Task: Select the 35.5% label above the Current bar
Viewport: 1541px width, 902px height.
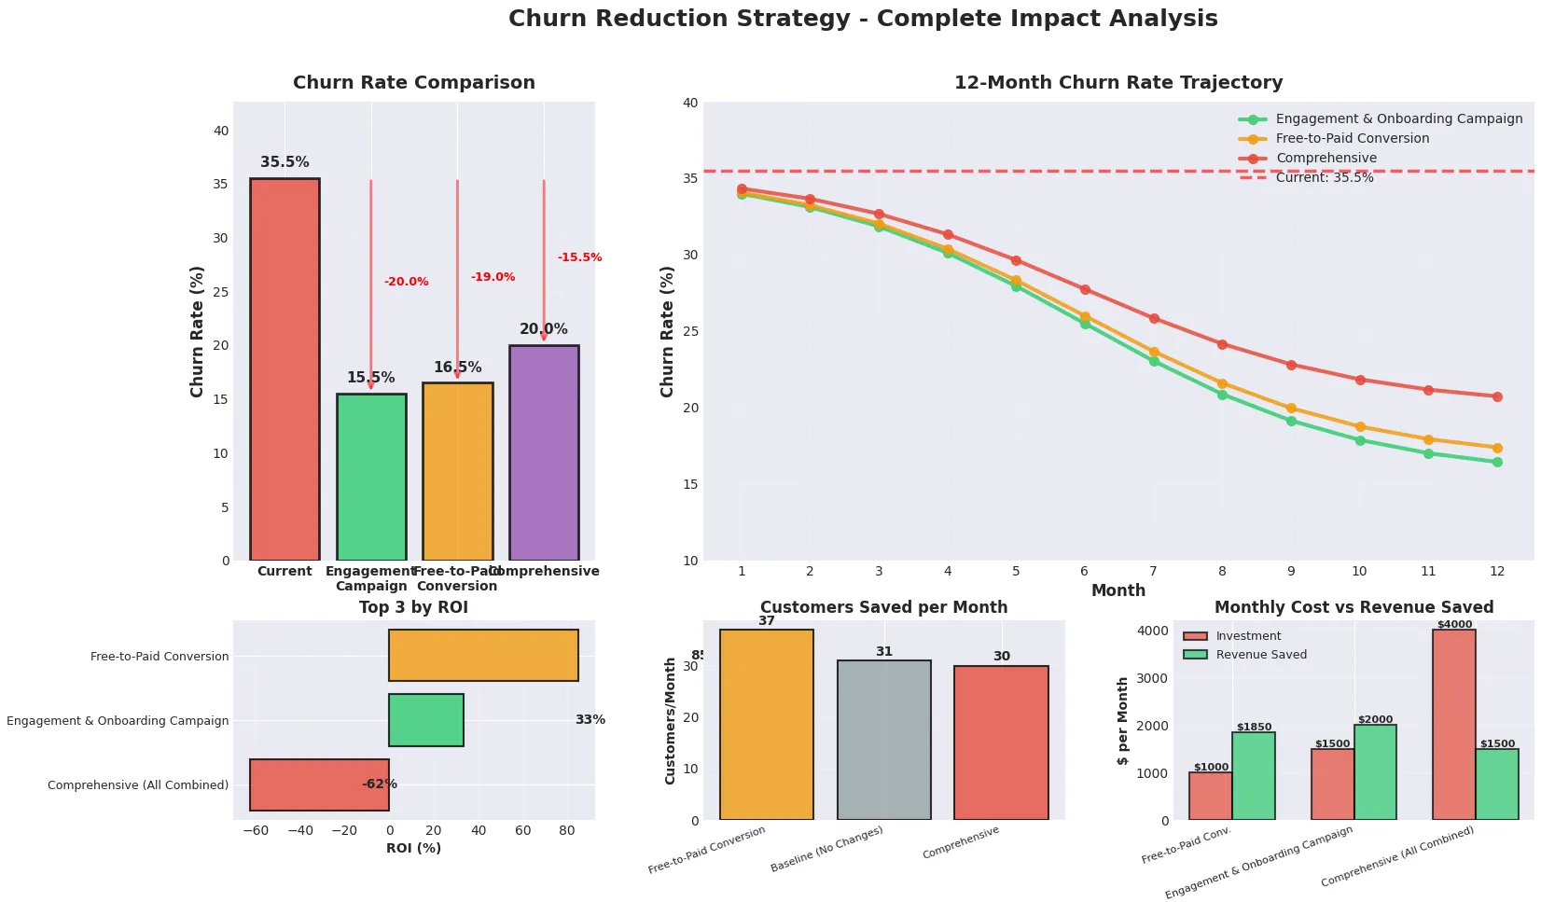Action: tap(285, 162)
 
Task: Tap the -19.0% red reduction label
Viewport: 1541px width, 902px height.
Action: tap(493, 277)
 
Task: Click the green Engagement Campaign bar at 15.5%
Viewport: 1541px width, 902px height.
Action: tap(371, 477)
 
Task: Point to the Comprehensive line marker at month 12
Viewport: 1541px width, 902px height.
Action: tap(1497, 396)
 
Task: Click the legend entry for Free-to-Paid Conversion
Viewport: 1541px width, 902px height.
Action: tap(1352, 138)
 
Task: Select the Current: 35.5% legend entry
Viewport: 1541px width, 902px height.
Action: tap(1324, 177)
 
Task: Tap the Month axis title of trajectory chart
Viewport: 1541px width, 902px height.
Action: tap(1118, 590)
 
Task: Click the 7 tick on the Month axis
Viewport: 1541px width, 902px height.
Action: tap(1153, 571)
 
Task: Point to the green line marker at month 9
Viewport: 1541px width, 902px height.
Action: tap(1291, 421)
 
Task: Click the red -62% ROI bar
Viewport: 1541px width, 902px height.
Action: tap(319, 784)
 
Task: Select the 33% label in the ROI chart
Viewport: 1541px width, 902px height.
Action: tap(590, 720)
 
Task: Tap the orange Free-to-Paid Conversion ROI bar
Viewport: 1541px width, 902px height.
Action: tap(483, 655)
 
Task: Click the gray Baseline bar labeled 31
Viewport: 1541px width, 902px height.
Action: tap(883, 740)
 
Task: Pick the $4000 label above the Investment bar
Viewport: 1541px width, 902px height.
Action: tap(1454, 625)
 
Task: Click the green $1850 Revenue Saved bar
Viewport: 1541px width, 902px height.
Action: tap(1254, 776)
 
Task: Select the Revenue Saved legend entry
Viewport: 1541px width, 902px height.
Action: tap(1260, 655)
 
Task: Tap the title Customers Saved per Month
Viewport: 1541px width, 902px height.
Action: tap(883, 607)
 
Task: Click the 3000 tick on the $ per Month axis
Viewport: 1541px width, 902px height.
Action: tap(1153, 678)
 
